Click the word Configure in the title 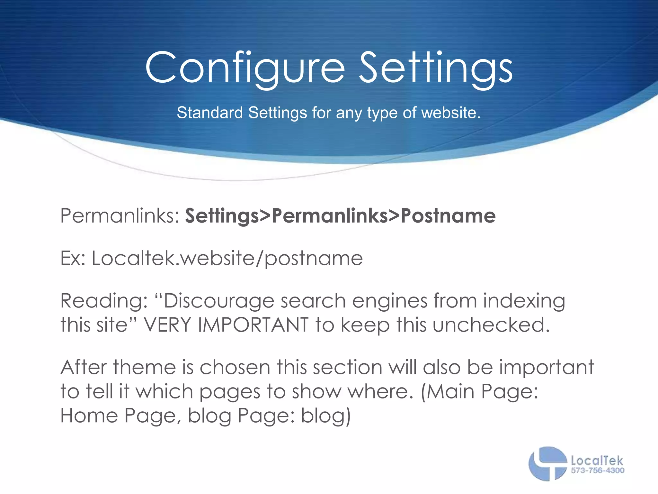pyautogui.click(x=245, y=69)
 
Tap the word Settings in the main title pyautogui.click(x=435, y=69)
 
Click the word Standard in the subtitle pyautogui.click(x=209, y=113)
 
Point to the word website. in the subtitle pyautogui.click(x=451, y=113)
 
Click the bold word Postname pyautogui.click(x=448, y=216)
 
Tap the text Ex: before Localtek pyautogui.click(x=73, y=258)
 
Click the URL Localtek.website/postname pyautogui.click(x=227, y=259)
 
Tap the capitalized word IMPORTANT pyautogui.click(x=253, y=325)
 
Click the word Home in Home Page pyautogui.click(x=89, y=416)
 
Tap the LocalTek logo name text pyautogui.click(x=597, y=461)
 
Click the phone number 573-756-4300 pyautogui.click(x=598, y=471)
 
